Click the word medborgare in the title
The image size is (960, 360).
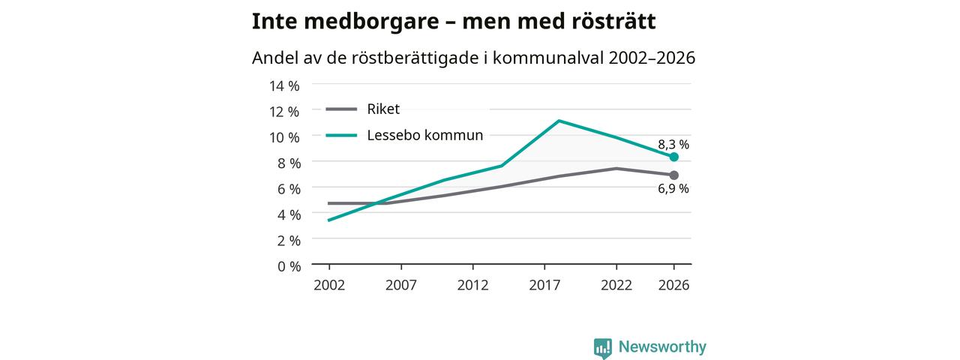tap(371, 22)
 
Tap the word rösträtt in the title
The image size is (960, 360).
tap(614, 21)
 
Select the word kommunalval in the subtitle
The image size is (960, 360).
tap(548, 58)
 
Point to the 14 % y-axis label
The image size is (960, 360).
tap(284, 85)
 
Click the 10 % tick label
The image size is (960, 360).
tap(284, 137)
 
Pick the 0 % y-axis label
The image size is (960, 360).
tap(289, 266)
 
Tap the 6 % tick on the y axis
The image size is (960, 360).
tap(289, 188)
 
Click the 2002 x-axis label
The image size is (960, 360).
tap(329, 285)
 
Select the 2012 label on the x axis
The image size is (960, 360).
tap(472, 285)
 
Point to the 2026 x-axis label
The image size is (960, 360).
tap(673, 285)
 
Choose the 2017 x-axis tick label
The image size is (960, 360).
tap(544, 285)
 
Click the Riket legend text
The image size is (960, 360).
tap(383, 109)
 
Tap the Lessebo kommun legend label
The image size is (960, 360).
tap(425, 135)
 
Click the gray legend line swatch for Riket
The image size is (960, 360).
tap(341, 109)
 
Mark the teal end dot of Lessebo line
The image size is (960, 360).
tap(673, 157)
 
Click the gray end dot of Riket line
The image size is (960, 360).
tap(673, 175)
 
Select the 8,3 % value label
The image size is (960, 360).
tap(673, 145)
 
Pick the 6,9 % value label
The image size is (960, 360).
tap(673, 188)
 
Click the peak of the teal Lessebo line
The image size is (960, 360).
tap(559, 121)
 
